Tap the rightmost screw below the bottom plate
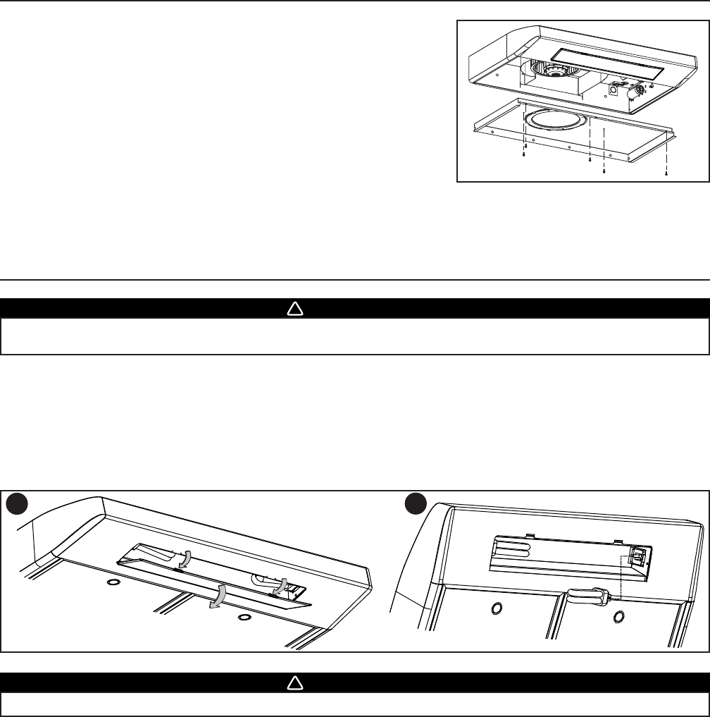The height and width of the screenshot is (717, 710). click(x=666, y=171)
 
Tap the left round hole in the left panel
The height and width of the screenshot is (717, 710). click(x=112, y=583)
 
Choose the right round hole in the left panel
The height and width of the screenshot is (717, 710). click(x=244, y=616)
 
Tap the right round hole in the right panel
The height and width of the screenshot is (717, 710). click(x=618, y=618)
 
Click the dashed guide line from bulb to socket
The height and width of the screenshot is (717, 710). click(x=621, y=575)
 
